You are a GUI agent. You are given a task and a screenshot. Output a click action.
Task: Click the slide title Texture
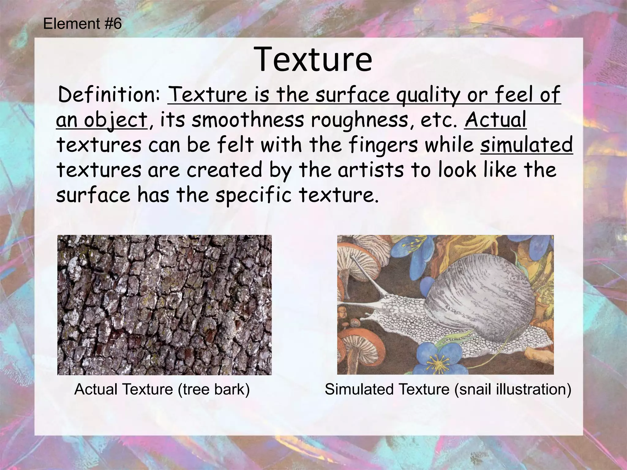(313, 59)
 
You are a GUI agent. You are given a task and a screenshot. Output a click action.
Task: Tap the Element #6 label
(82, 24)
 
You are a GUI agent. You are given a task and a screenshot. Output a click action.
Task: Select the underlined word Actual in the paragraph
(495, 120)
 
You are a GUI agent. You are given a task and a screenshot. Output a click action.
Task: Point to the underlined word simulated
(526, 145)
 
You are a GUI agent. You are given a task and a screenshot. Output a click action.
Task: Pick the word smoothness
(248, 120)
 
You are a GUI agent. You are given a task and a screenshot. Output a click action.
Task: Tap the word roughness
(360, 120)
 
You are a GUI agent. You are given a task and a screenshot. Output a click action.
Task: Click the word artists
(371, 170)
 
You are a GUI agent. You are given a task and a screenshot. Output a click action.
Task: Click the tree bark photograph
(164, 305)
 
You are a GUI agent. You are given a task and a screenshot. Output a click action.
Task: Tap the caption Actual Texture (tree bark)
(162, 390)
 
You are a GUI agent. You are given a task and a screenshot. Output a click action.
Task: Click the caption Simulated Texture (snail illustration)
(448, 390)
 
